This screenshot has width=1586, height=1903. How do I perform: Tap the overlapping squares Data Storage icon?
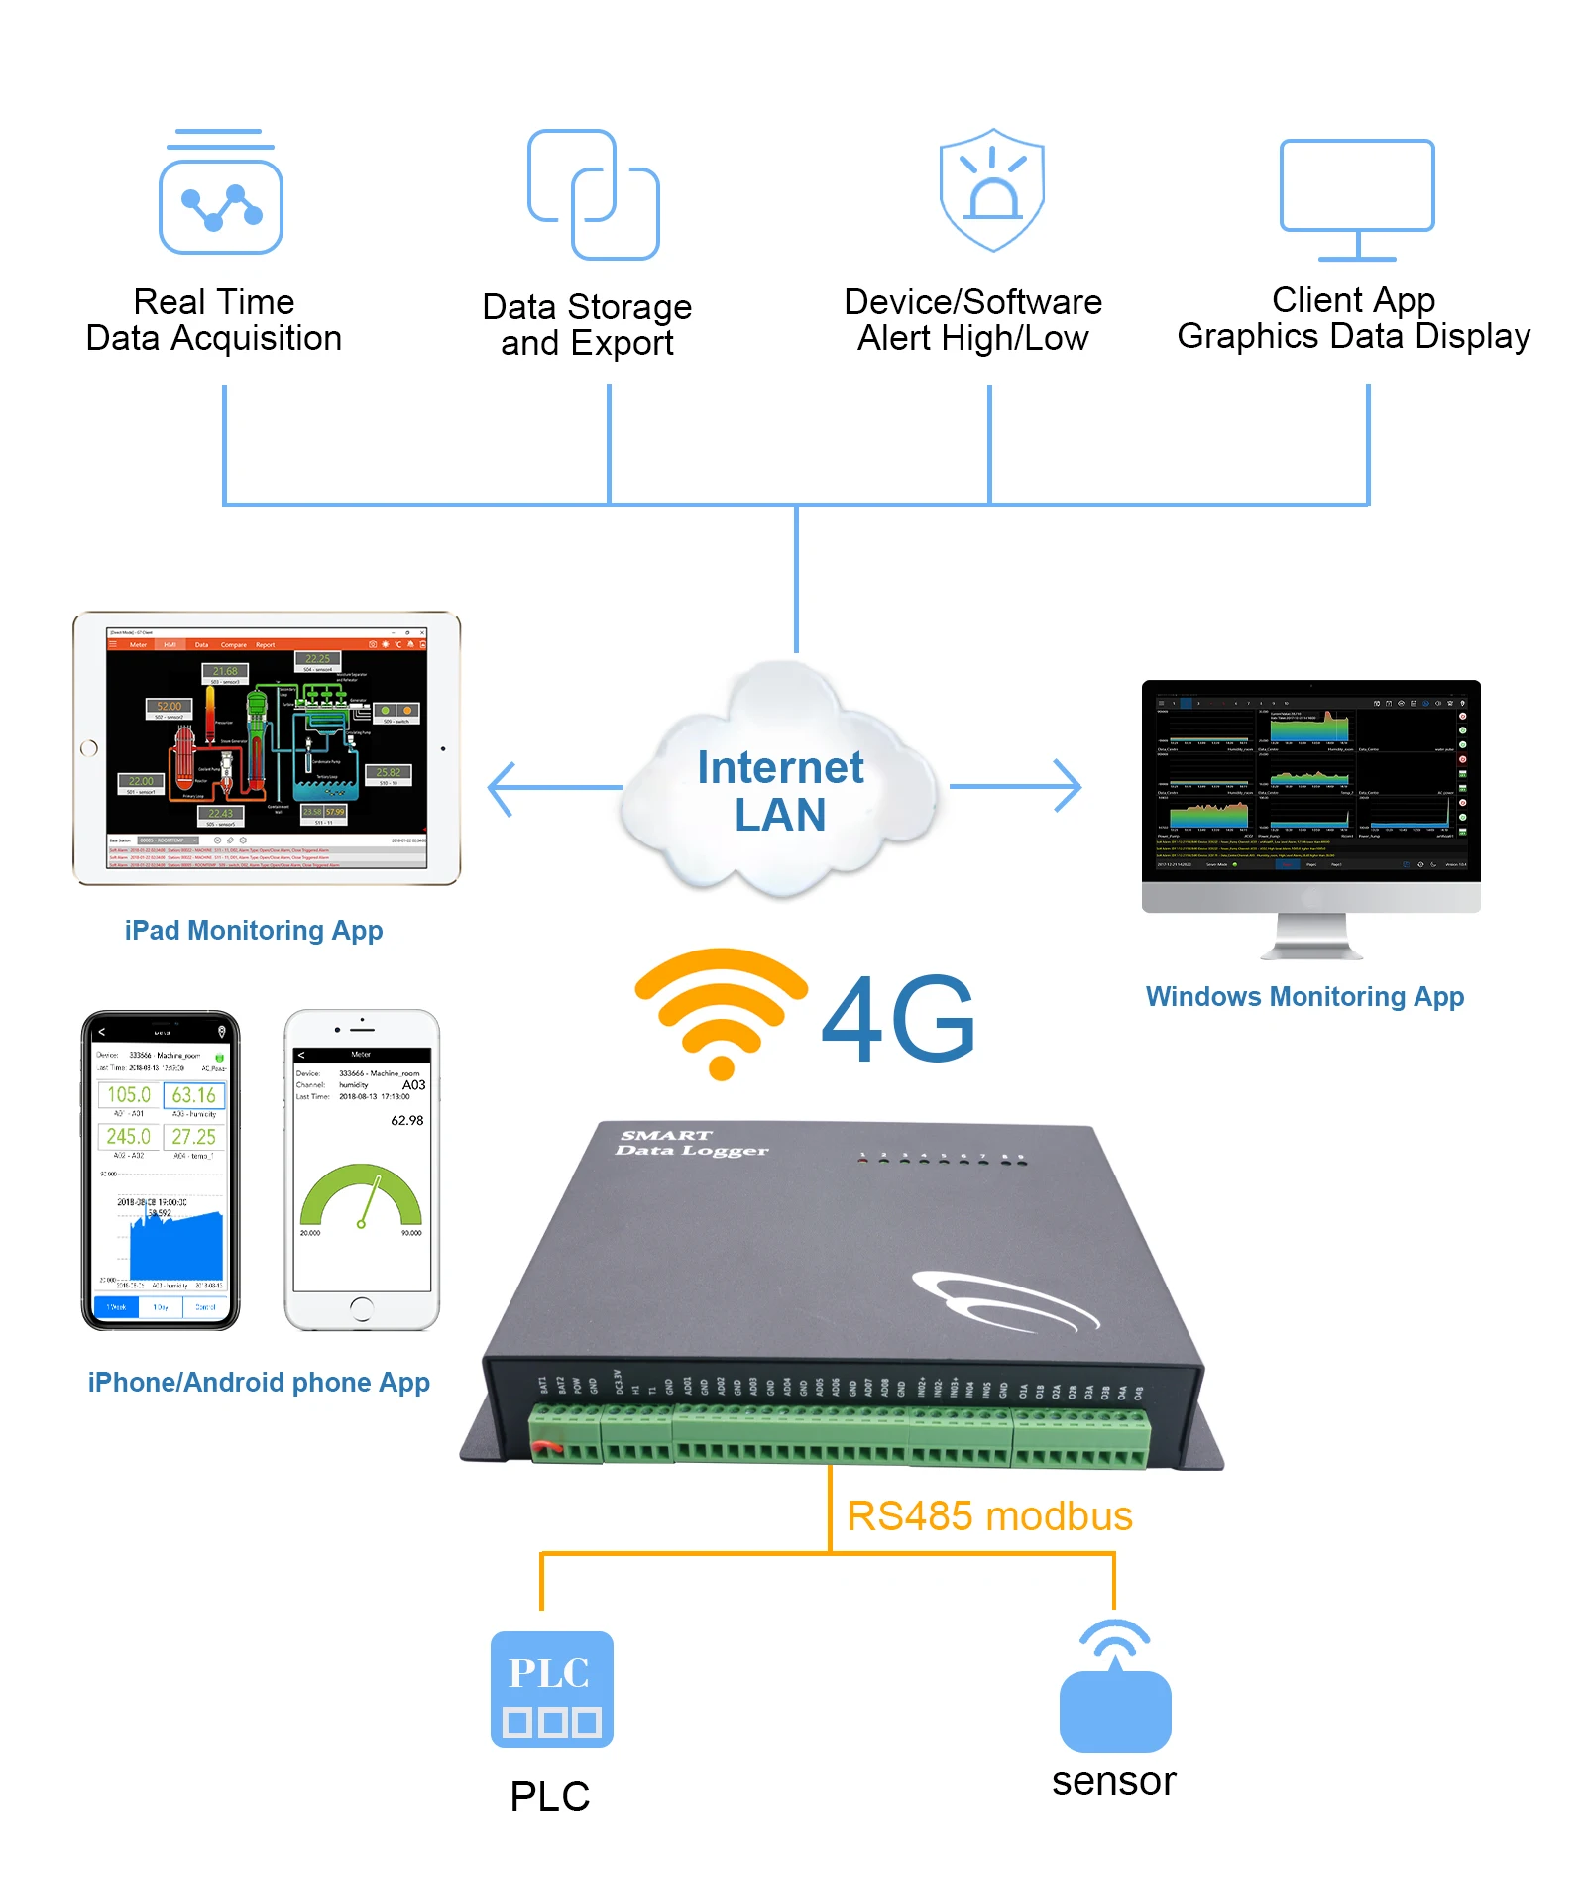pos(594,194)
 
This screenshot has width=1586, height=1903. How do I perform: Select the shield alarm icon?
pos(991,190)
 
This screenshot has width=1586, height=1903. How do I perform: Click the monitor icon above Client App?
pos(1357,198)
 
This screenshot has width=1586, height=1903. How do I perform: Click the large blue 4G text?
pos(898,1019)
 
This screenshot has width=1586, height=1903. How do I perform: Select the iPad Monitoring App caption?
pos(254,930)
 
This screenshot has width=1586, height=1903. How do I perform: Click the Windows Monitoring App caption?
pos(1304,996)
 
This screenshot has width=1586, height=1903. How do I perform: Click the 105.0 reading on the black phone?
pos(129,1094)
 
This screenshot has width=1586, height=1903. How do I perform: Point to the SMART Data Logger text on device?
pos(691,1143)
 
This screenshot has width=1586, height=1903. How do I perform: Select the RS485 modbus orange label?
pos(989,1516)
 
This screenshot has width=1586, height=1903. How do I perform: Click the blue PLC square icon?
pos(551,1689)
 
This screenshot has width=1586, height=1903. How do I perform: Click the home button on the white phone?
pos(362,1308)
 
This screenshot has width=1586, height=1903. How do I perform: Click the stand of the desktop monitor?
pos(1311,937)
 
